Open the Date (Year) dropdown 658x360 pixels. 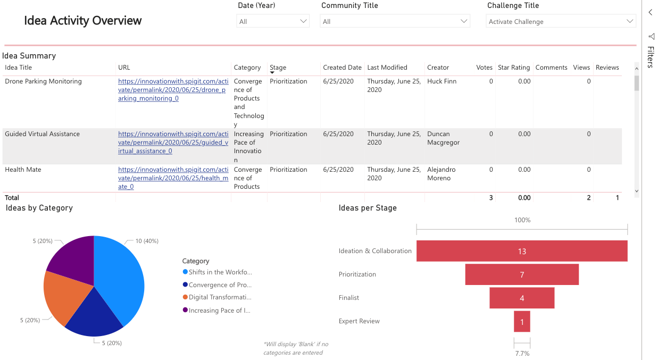[272, 21]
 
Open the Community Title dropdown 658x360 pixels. [395, 21]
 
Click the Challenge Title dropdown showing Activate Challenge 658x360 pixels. [561, 21]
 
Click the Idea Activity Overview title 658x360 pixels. [83, 21]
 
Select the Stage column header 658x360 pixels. [278, 68]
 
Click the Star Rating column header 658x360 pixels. [513, 68]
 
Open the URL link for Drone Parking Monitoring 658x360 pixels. [173, 90]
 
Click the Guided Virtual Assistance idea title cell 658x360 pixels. [43, 134]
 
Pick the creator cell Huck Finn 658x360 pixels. [442, 81]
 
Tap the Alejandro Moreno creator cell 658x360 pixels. [441, 174]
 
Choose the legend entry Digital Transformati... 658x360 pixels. [219, 297]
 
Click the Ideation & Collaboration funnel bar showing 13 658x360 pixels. [521, 251]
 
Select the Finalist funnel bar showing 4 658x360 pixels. [521, 298]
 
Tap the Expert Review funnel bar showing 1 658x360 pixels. [522, 321]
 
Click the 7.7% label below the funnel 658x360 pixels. [522, 353]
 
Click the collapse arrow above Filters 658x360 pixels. [650, 12]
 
